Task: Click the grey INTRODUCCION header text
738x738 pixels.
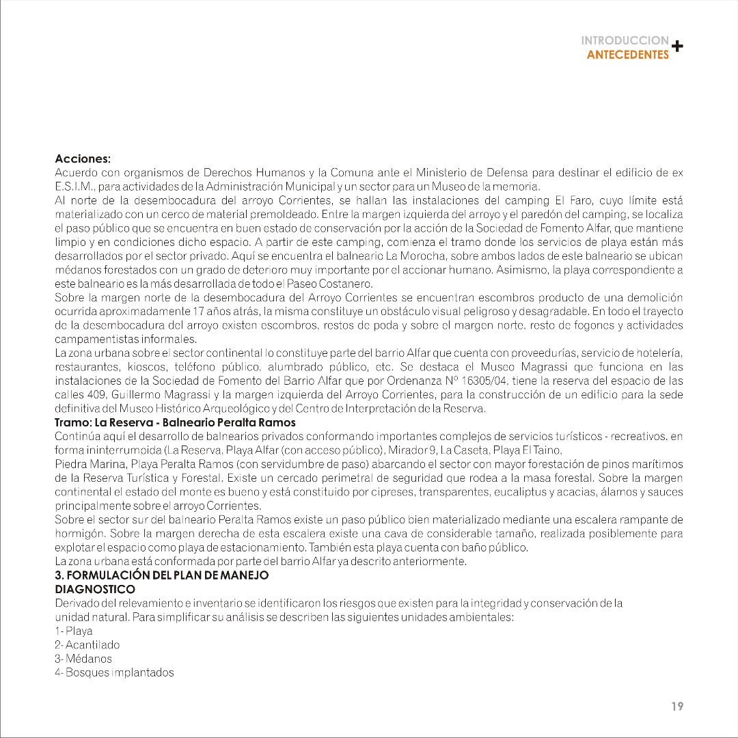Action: tap(625, 41)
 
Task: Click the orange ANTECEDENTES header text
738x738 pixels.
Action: tap(627, 55)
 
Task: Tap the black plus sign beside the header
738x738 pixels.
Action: tap(676, 46)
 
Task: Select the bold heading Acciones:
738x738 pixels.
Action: tap(82, 159)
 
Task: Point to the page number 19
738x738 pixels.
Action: tap(676, 707)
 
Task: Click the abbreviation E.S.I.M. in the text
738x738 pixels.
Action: tap(74, 186)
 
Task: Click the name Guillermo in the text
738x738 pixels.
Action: tap(141, 395)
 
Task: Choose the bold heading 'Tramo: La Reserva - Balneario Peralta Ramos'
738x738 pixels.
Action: tap(175, 423)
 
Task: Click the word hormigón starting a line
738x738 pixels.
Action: tap(79, 534)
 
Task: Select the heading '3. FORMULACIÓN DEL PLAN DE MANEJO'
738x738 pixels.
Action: tap(161, 575)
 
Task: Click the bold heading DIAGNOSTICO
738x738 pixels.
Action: tap(94, 589)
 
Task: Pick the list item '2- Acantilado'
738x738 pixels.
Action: tap(87, 644)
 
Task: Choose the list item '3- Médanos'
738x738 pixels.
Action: tap(83, 659)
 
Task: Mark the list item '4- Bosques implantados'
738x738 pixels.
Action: tap(114, 673)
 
